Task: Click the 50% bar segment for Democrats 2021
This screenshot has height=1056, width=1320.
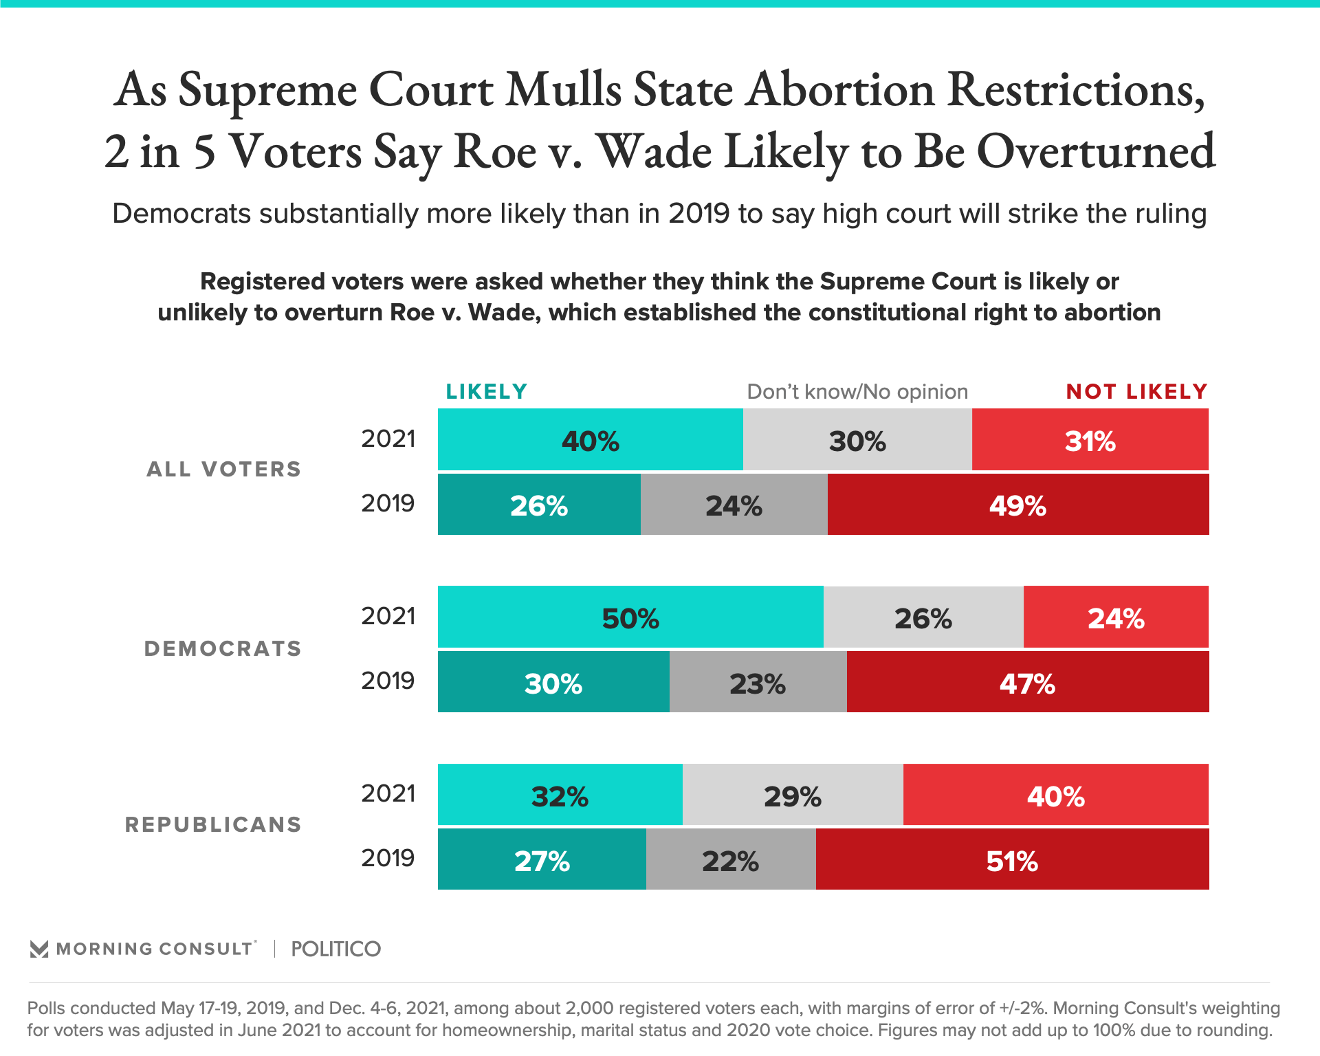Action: [x=630, y=617]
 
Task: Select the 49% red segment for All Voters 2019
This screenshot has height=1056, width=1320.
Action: [x=1017, y=505]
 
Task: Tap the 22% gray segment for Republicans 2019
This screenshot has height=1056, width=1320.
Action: [x=730, y=859]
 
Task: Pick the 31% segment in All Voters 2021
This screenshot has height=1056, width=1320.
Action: [x=1090, y=440]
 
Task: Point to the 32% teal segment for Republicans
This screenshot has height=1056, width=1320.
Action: [x=560, y=795]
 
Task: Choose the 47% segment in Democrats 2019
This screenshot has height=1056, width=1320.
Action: [x=1027, y=682]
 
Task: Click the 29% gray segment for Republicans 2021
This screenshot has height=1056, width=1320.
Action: [x=792, y=795]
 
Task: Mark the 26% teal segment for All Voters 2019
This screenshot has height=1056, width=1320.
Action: [x=539, y=505]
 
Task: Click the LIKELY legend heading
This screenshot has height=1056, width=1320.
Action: [x=486, y=392]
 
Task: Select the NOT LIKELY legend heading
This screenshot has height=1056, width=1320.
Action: [x=1136, y=392]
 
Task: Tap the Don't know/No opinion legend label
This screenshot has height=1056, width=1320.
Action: [x=857, y=392]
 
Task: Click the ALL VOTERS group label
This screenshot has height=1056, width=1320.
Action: [x=224, y=470]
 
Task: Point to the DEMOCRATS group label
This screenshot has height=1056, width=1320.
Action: [x=223, y=648]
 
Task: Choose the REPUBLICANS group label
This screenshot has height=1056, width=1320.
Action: [x=213, y=824]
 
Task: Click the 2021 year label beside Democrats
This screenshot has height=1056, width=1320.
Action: [x=388, y=616]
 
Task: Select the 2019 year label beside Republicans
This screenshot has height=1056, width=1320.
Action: [x=388, y=858]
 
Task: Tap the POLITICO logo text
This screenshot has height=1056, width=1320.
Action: [x=335, y=949]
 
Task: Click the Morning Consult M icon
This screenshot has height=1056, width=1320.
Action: [x=39, y=949]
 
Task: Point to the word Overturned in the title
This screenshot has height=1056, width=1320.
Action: [x=1096, y=153]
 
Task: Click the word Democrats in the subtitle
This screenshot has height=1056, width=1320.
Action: [x=181, y=214]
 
